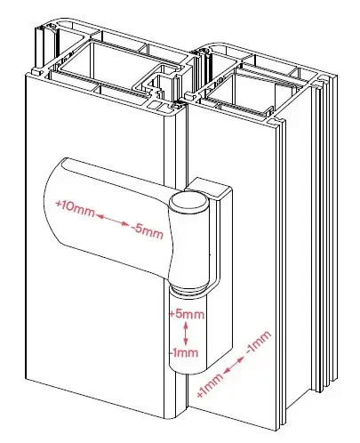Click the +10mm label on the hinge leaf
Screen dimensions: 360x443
pos(75,207)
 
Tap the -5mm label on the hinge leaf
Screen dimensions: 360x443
pos(148,231)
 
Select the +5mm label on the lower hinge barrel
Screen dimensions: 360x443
pos(187,314)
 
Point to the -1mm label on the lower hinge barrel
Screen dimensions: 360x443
pos(184,352)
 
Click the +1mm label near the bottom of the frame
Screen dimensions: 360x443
pos(210,385)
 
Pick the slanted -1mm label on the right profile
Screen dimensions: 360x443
pos(259,342)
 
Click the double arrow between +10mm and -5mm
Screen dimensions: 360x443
pos(113,220)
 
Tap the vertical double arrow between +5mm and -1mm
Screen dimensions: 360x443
pos(186,334)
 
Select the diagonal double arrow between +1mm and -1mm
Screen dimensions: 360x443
pos(234,365)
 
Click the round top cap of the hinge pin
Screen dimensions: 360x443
pos(188,203)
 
